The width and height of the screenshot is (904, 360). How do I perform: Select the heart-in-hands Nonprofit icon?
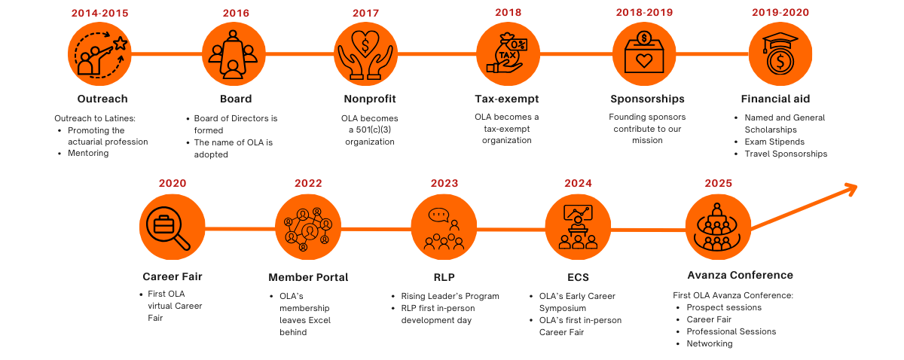[x=365, y=53]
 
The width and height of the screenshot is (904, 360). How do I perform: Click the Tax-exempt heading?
[x=507, y=99]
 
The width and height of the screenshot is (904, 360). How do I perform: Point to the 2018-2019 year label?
[x=644, y=13]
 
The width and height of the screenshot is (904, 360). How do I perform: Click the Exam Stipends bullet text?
[x=774, y=142]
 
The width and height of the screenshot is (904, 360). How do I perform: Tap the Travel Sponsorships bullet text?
[x=786, y=154]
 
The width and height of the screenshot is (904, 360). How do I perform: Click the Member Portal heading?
[x=308, y=277]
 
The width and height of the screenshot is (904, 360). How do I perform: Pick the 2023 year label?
[x=444, y=183]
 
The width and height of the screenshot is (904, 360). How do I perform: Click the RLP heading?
[x=444, y=276]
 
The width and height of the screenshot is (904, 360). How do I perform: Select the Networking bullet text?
[x=709, y=343]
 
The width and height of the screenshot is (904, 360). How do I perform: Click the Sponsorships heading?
[x=647, y=99]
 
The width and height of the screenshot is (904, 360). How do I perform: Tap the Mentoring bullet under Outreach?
[x=87, y=154]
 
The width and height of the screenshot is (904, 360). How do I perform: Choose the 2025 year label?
[x=718, y=183]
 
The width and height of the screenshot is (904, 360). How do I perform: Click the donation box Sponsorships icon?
[x=644, y=53]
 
